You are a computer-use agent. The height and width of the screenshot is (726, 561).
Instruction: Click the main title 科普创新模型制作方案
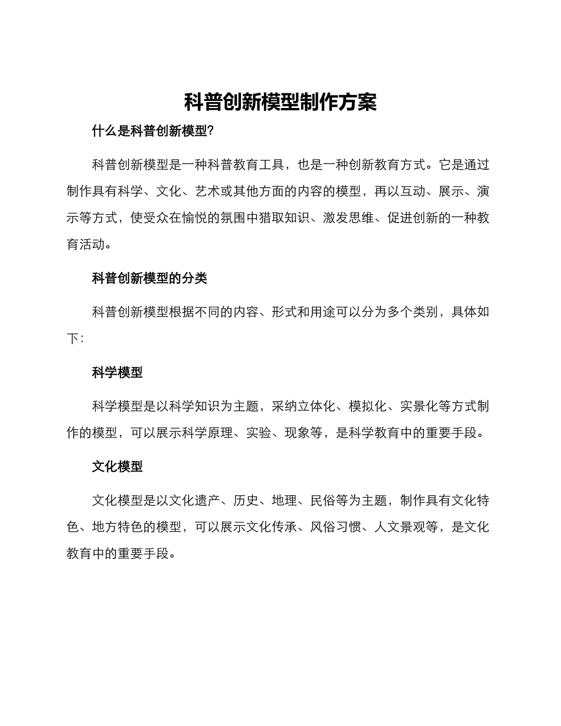[280, 102]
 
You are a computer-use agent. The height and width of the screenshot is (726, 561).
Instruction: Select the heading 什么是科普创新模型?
[152, 131]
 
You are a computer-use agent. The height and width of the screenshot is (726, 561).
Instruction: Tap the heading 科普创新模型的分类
[149, 278]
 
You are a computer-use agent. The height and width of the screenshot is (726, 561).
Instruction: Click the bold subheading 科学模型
[117, 372]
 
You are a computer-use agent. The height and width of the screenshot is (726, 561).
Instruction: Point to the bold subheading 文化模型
[117, 466]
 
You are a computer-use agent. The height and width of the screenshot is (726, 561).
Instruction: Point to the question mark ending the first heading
[211, 131]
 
